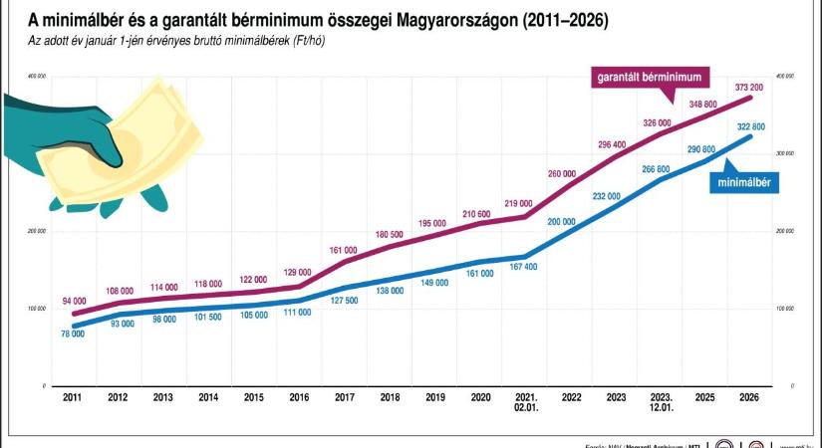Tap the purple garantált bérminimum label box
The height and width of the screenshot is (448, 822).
coord(651,76)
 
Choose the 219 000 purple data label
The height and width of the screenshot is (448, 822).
coord(517,203)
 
